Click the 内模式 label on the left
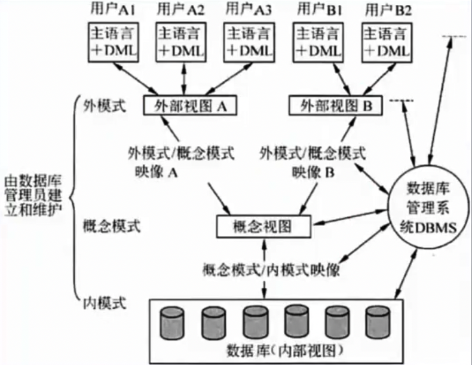102,303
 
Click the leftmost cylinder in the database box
171,324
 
